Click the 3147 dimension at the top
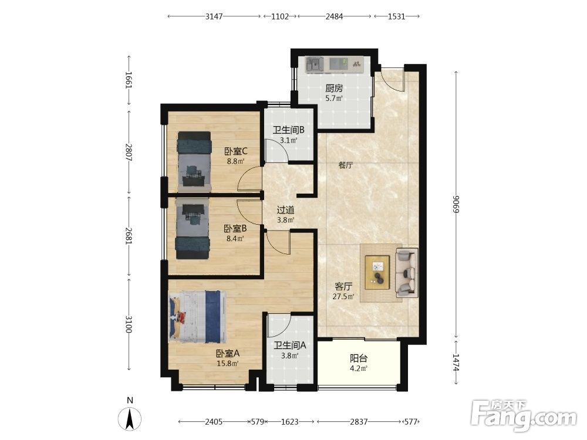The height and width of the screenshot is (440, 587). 214,16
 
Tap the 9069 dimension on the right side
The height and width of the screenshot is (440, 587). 456,204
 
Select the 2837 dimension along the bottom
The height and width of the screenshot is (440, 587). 359,422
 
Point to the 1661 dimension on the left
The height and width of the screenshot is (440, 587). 129,80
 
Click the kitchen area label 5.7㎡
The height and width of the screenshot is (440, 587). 334,99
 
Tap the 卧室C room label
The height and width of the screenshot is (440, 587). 236,151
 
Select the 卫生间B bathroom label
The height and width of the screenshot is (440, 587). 288,130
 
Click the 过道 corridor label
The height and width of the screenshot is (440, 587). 285,210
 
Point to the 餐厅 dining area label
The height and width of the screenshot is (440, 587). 346,165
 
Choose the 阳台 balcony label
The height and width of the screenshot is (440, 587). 359,358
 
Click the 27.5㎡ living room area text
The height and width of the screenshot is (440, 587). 343,297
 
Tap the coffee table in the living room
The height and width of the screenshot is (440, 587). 377,272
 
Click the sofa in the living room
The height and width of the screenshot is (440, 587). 407,272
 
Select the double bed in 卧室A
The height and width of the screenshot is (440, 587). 197,317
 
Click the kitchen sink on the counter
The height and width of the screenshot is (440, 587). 315,65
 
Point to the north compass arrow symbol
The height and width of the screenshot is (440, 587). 130,419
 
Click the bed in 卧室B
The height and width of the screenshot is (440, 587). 193,229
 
